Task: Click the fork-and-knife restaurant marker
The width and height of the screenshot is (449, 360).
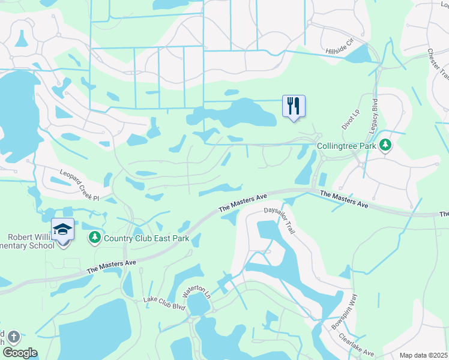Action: (294, 106)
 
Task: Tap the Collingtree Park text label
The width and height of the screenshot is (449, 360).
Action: (346, 146)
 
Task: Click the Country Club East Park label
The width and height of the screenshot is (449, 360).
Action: (146, 238)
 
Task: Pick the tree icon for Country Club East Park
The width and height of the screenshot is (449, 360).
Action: (94, 238)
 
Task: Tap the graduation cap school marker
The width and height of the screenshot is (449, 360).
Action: (62, 230)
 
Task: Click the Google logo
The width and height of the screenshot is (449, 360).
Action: (20, 353)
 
